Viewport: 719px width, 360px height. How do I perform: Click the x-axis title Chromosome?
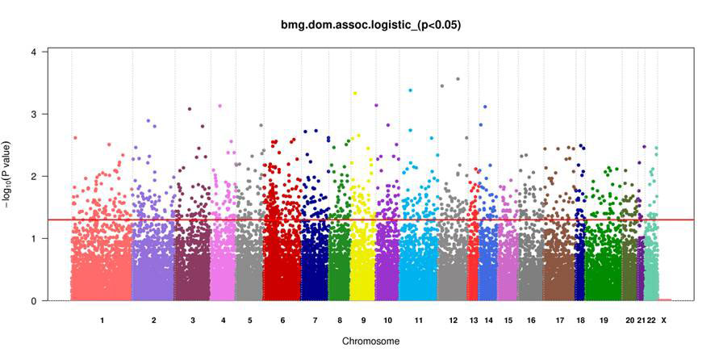coord(370,341)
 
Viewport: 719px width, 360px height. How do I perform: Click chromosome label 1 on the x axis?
coord(102,321)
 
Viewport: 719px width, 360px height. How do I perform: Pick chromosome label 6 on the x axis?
coord(282,321)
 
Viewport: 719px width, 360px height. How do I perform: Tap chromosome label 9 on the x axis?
coord(363,321)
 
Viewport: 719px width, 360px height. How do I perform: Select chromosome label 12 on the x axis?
coord(454,321)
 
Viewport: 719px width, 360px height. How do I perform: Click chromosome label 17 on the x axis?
coord(559,321)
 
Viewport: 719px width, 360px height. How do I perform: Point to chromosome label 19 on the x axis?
coord(604,321)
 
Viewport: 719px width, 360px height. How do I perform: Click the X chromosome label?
coord(663,321)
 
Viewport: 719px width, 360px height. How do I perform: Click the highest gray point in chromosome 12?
coord(458,79)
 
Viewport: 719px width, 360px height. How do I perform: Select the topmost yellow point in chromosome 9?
coord(355,93)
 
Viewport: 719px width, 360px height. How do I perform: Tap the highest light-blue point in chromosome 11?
coord(411,90)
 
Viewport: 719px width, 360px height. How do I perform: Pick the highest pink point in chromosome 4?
coord(219,106)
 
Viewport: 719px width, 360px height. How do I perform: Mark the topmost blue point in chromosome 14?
coord(485,107)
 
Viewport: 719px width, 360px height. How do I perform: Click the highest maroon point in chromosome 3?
coord(190,109)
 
